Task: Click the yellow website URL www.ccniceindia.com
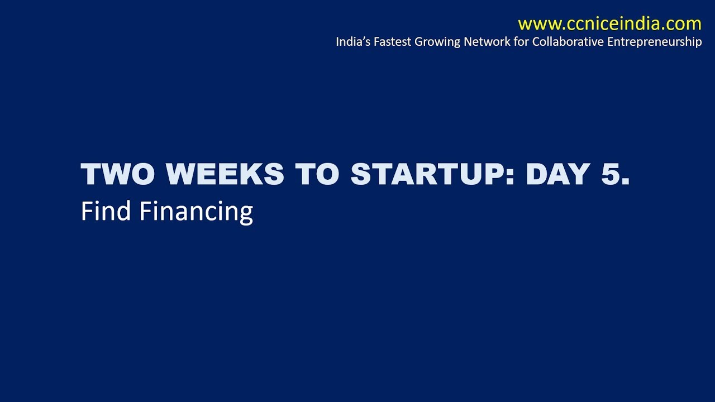[609, 24]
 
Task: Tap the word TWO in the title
[118, 175]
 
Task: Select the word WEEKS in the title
[225, 175]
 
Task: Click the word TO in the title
[317, 175]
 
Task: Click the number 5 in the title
[611, 175]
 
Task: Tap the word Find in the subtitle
[106, 211]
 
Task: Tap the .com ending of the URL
[681, 24]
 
